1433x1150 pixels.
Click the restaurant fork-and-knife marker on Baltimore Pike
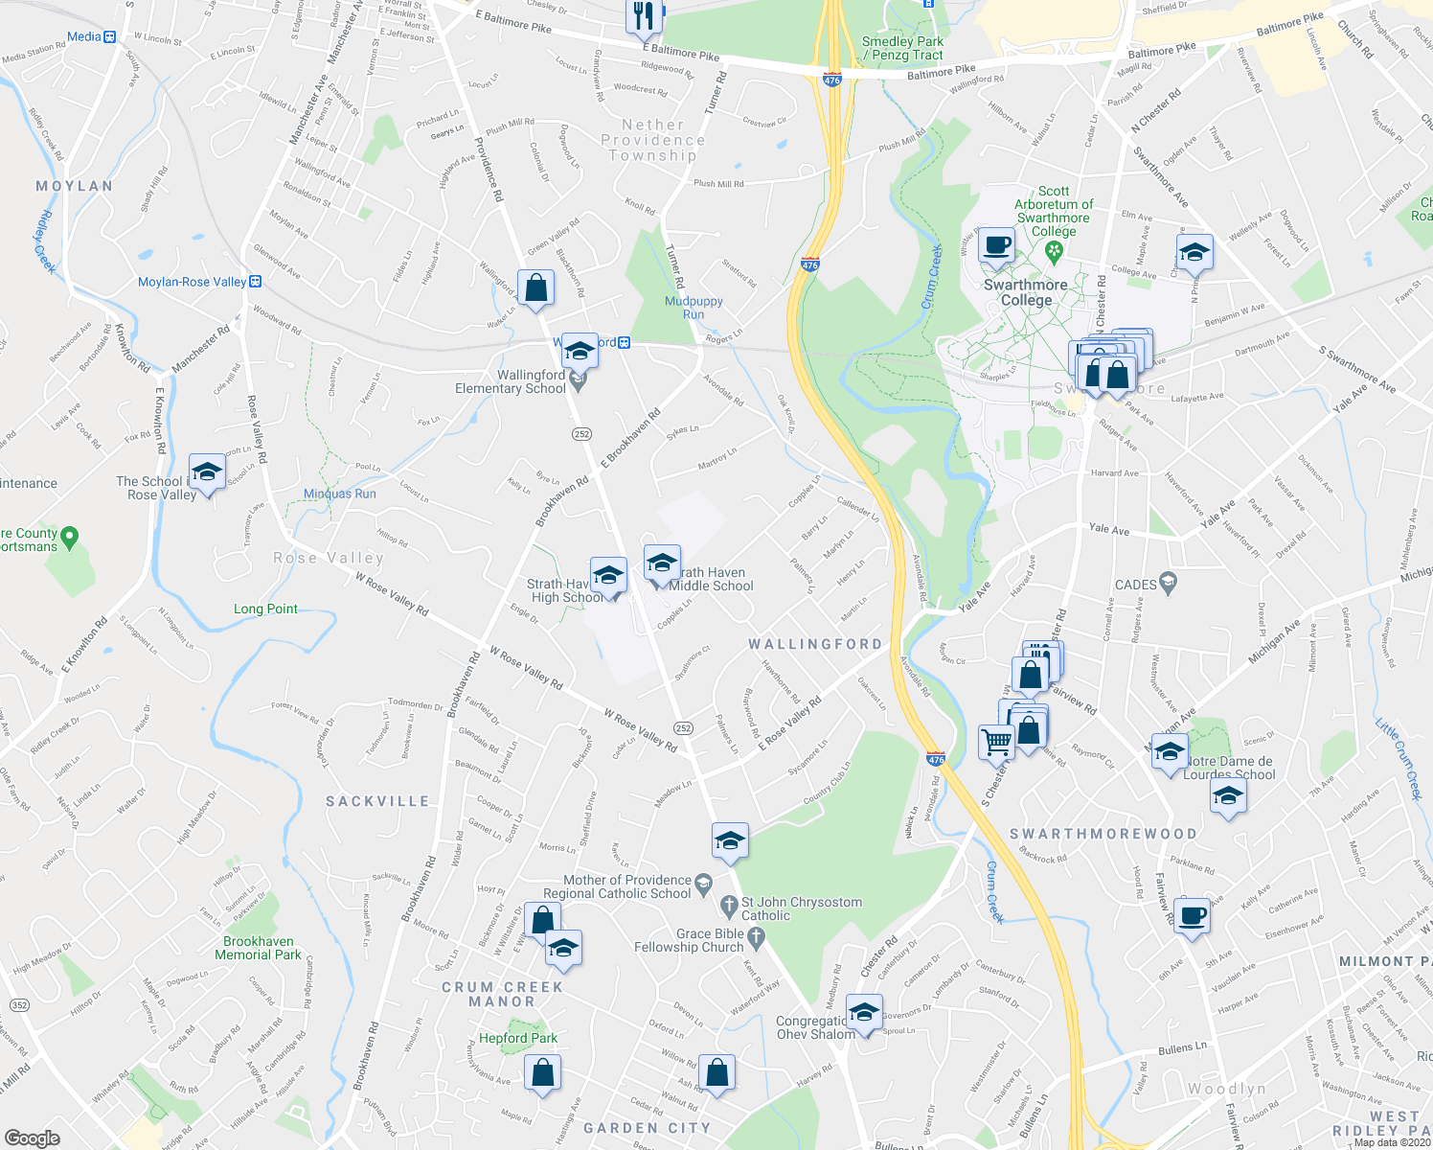click(x=644, y=16)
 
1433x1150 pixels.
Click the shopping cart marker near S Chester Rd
click(x=996, y=741)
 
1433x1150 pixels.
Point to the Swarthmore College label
click(x=1025, y=292)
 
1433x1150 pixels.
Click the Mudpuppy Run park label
click(x=694, y=308)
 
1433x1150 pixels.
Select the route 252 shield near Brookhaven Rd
click(x=581, y=434)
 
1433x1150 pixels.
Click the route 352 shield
click(x=18, y=1004)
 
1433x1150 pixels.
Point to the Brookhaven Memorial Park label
click(x=258, y=948)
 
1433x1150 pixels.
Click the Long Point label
click(x=265, y=609)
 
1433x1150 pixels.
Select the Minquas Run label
click(x=339, y=494)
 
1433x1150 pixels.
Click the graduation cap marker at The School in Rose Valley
click(x=207, y=471)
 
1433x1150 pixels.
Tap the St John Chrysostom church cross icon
click(x=729, y=904)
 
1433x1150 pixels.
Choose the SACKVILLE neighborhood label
click(x=377, y=801)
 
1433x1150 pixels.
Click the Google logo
click(x=32, y=1138)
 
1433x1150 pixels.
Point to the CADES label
click(x=1136, y=585)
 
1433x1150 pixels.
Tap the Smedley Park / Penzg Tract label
click(x=902, y=48)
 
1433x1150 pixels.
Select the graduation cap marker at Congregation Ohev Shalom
click(x=864, y=1013)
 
